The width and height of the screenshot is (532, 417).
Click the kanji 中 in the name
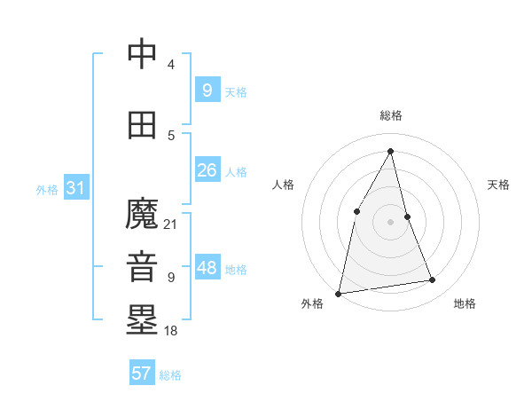(x=143, y=55)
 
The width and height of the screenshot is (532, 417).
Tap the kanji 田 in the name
(x=143, y=125)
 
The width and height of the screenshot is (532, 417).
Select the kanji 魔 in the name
(x=143, y=214)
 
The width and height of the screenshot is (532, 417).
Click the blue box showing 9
(x=207, y=90)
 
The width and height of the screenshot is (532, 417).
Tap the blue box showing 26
(x=207, y=170)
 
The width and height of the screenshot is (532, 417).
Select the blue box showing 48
(x=207, y=268)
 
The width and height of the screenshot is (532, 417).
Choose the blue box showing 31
(x=75, y=188)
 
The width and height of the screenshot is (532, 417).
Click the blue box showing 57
(x=142, y=374)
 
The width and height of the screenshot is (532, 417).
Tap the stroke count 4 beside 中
(x=171, y=65)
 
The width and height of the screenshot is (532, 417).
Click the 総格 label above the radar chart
(x=390, y=115)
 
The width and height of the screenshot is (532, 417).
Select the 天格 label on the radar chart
(x=498, y=185)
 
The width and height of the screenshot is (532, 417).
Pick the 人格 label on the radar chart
(x=283, y=185)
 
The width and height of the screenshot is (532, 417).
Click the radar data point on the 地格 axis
(x=433, y=280)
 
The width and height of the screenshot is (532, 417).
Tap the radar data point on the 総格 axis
(x=390, y=151)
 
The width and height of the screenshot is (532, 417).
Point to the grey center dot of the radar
(x=390, y=221)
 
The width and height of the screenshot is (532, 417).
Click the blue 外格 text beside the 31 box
(x=47, y=189)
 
